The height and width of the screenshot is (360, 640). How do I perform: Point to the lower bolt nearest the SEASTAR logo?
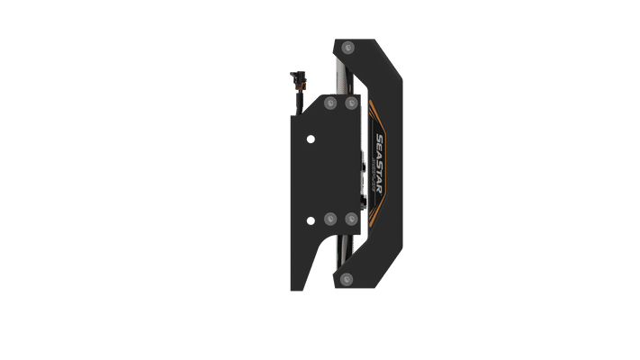(349, 219)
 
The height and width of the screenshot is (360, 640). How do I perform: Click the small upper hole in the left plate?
(311, 138)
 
